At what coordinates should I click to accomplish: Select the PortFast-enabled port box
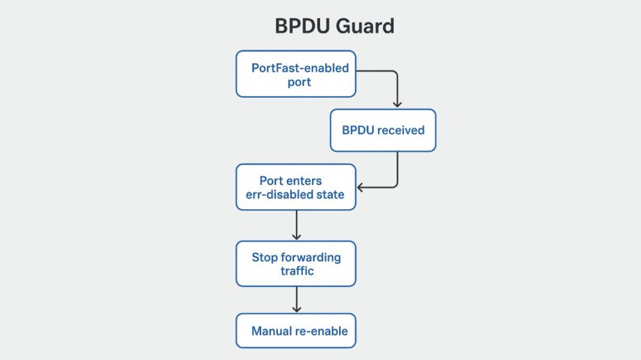295,74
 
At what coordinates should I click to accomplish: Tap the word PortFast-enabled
299,68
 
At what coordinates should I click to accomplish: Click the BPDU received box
383,130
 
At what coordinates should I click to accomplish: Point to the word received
402,130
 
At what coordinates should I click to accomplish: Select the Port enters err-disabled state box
295,187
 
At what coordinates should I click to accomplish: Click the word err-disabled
280,194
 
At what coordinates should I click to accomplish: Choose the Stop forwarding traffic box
295,264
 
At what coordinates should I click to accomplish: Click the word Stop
265,257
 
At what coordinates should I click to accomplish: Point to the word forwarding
311,257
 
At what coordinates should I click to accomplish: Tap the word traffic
296,271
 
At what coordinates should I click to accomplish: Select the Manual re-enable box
295,331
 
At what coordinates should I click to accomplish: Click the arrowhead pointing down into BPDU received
397,104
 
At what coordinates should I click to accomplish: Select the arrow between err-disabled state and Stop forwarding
296,226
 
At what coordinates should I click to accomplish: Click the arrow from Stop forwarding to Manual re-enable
296,299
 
